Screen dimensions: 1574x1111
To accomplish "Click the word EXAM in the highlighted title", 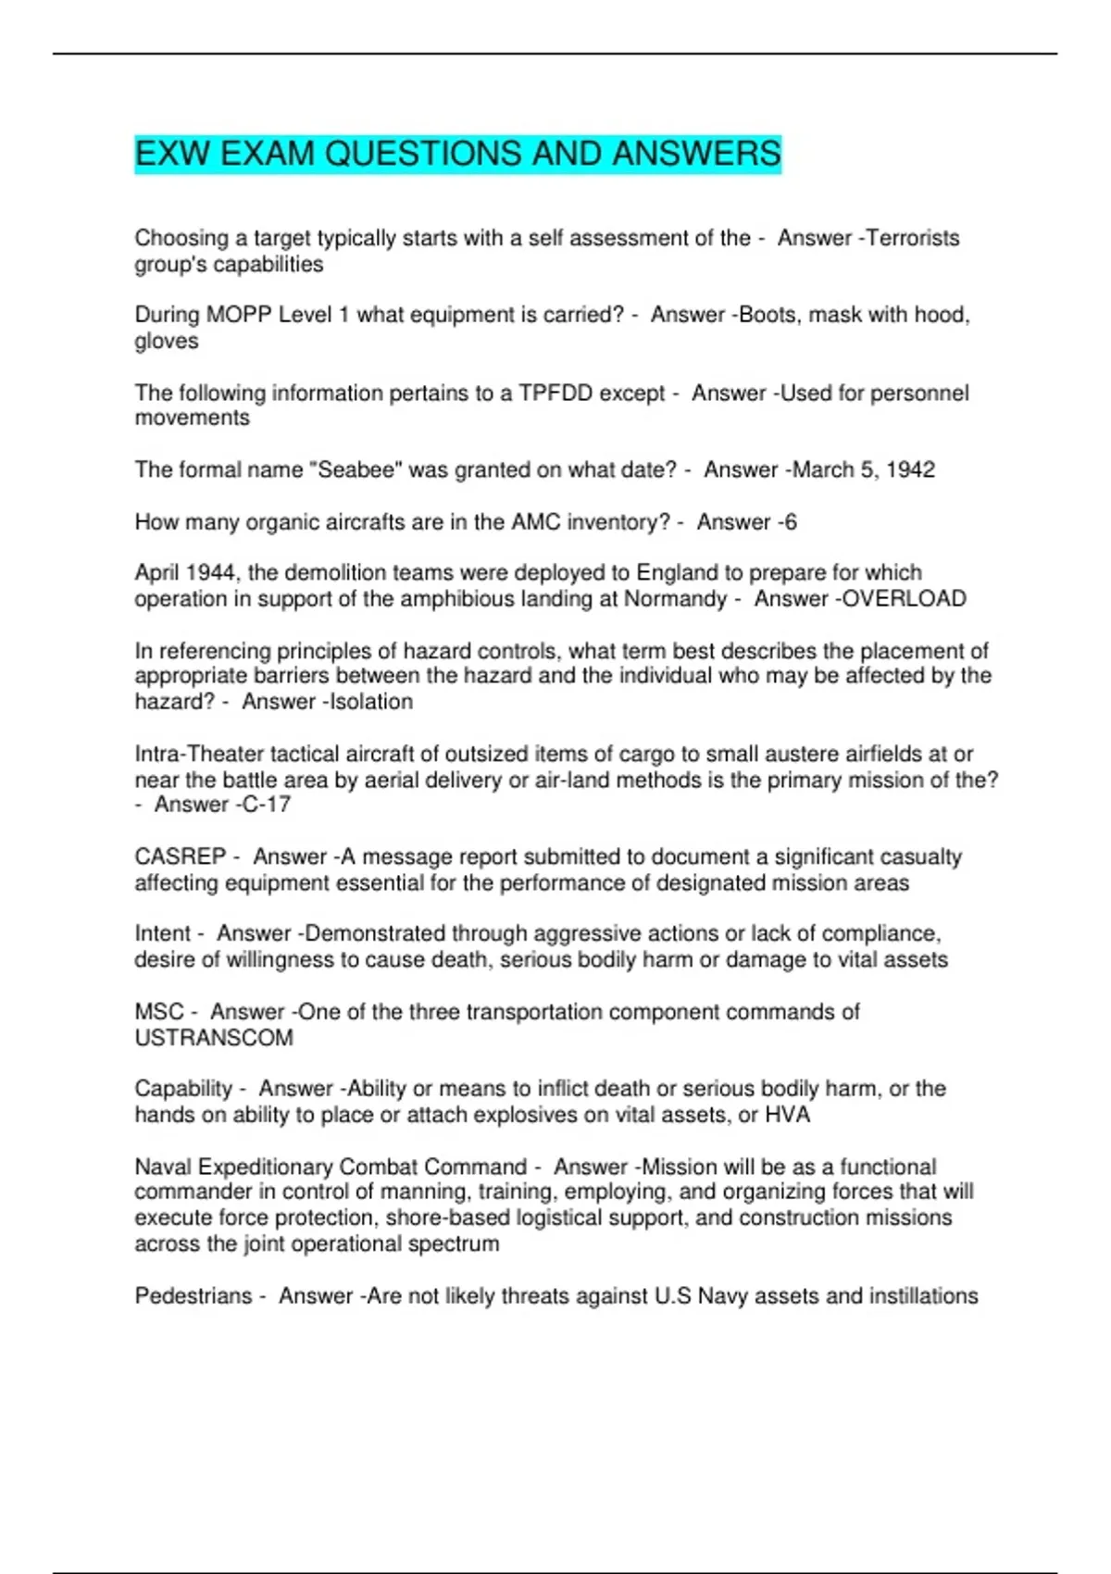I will (268, 154).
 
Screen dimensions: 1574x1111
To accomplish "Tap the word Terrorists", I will (914, 238).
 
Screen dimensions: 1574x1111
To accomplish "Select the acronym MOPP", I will (239, 315).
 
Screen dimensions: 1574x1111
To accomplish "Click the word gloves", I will (167, 342).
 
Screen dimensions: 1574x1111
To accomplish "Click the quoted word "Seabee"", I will (359, 470).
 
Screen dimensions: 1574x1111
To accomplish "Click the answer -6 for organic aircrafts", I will (786, 522).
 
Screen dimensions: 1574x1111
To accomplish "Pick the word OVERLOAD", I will (905, 599).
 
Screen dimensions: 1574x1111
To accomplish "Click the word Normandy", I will (675, 599).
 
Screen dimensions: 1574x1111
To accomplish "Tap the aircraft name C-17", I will (267, 805).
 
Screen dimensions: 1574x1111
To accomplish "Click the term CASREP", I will (181, 856).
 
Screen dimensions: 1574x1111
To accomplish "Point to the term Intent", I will (163, 933).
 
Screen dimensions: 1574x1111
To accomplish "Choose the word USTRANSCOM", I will (214, 1038).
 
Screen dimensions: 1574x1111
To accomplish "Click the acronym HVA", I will (787, 1115).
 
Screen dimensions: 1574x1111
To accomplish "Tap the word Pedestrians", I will (193, 1296).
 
